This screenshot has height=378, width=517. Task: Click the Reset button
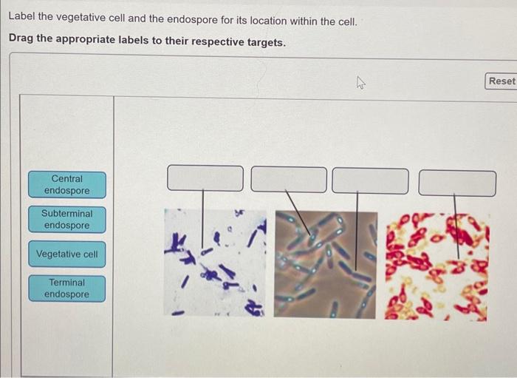501,81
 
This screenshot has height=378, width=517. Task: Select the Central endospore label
67,184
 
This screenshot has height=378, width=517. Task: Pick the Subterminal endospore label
67,219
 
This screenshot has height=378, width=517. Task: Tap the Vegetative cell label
67,254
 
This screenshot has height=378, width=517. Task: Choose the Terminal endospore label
67,288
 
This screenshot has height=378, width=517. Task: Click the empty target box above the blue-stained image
205,178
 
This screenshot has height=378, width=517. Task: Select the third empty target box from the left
370,180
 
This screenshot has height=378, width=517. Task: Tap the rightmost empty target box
457,183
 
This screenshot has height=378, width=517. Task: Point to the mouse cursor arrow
360,84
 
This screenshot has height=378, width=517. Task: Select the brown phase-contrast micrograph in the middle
325,264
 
